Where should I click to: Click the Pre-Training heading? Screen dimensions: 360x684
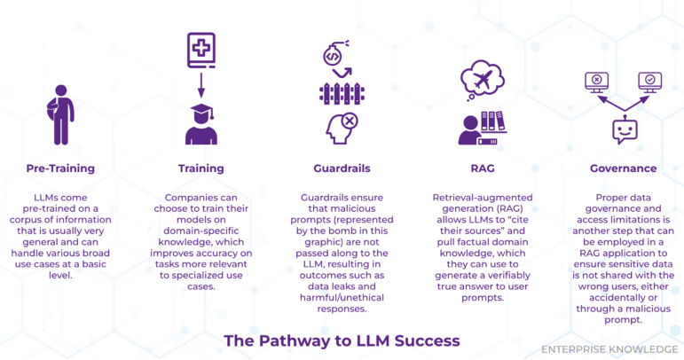[x=60, y=168]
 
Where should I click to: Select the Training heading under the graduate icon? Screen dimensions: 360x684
[x=200, y=168]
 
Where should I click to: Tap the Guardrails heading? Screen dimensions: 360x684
[x=342, y=168]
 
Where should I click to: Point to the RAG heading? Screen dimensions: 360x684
[x=482, y=168]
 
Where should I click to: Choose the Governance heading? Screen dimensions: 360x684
[x=623, y=168]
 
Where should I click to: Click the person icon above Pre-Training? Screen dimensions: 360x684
[x=59, y=114]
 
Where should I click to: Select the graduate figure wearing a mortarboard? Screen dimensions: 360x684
[x=200, y=123]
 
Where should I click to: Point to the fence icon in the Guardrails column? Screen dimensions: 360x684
[x=342, y=93]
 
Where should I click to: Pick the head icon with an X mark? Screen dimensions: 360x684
[x=342, y=129]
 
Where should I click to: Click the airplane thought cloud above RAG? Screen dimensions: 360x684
[x=487, y=80]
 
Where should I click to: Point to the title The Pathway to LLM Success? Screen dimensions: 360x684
[x=342, y=340]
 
